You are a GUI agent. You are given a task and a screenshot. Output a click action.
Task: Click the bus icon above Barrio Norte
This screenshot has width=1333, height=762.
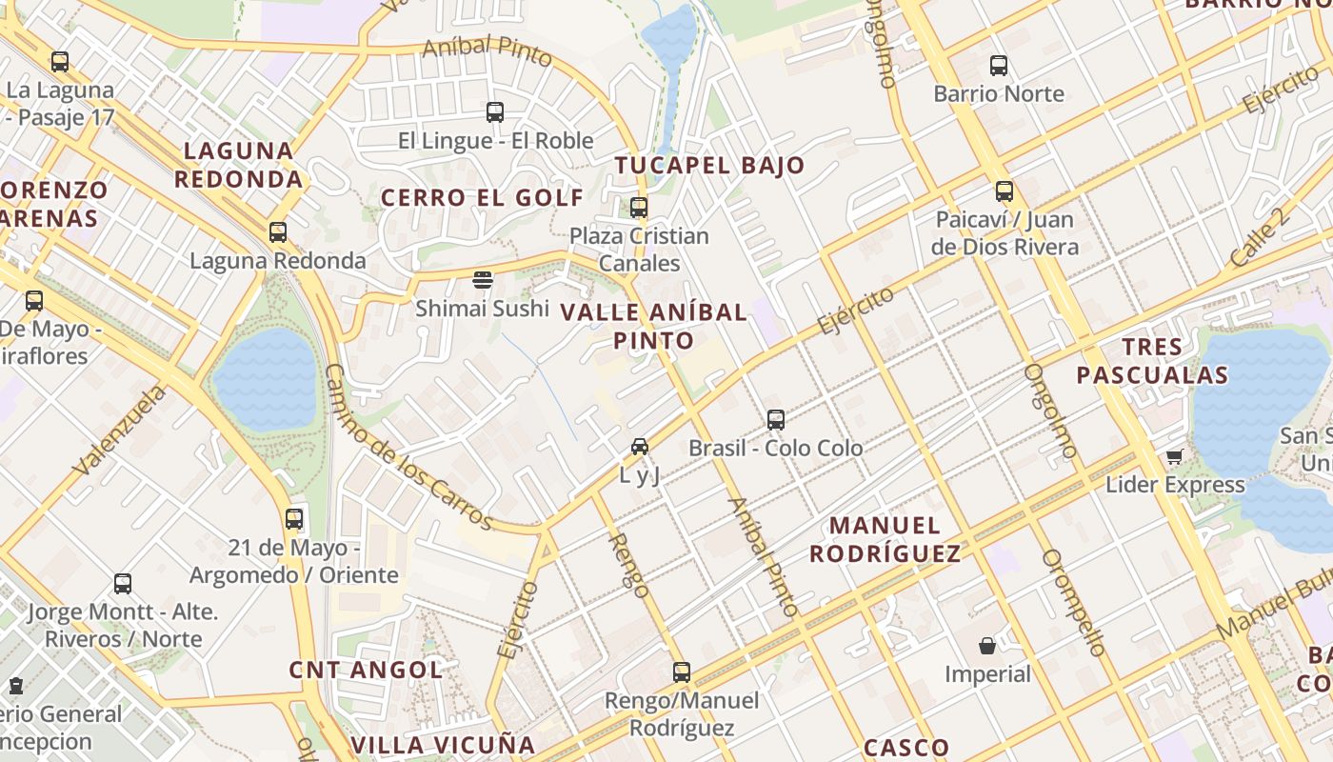pyautogui.click(x=998, y=66)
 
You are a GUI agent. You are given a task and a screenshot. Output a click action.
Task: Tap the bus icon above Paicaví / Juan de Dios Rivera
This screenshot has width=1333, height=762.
pyautogui.click(x=1004, y=191)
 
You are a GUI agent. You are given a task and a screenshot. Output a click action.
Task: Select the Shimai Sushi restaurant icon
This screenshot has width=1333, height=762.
pyautogui.click(x=483, y=280)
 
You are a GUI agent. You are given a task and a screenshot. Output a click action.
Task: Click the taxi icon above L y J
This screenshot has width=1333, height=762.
pyautogui.click(x=640, y=446)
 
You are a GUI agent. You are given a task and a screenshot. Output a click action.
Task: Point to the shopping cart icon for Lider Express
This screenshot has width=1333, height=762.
pyautogui.click(x=1174, y=457)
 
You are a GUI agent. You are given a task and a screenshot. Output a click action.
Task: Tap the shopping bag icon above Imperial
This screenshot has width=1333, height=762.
pyautogui.click(x=987, y=646)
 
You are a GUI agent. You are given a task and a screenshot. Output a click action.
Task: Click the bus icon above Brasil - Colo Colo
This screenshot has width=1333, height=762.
pyautogui.click(x=775, y=419)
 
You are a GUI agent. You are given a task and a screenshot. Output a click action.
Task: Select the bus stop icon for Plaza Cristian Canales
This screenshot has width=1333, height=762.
pyautogui.click(x=639, y=207)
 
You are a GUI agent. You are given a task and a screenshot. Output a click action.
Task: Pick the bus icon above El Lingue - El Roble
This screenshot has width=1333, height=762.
pyautogui.click(x=494, y=112)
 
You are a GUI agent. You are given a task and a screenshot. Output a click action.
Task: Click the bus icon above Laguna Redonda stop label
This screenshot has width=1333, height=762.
pyautogui.click(x=277, y=231)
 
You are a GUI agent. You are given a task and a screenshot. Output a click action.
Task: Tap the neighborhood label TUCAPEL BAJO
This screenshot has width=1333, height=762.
pyautogui.click(x=709, y=166)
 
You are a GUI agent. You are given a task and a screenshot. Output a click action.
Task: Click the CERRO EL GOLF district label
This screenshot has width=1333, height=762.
pyautogui.click(x=482, y=198)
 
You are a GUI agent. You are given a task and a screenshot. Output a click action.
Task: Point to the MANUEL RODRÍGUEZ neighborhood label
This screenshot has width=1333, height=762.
pyautogui.click(x=885, y=539)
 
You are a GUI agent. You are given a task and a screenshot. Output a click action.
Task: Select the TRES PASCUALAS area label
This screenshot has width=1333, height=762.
pyautogui.click(x=1152, y=360)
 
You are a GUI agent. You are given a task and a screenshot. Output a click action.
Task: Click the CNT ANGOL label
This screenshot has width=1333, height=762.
pyautogui.click(x=366, y=670)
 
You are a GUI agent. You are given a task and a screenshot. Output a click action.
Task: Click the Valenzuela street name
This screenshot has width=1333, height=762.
pyautogui.click(x=119, y=430)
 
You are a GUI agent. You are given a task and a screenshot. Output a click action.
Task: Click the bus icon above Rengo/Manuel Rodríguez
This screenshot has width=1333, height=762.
pyautogui.click(x=681, y=672)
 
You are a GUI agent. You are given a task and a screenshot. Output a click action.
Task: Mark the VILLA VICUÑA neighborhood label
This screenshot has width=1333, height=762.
pyautogui.click(x=444, y=745)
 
